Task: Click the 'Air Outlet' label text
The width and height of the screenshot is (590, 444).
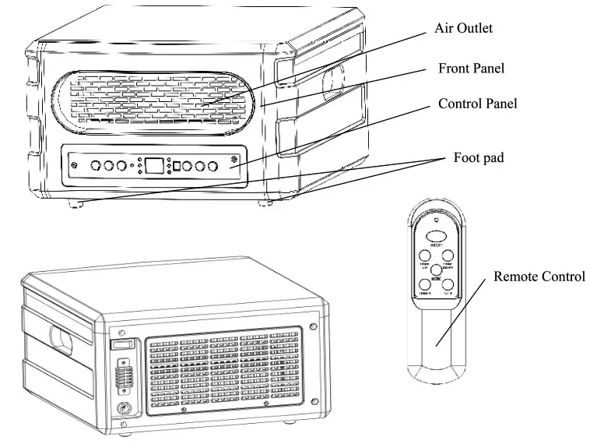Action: [464, 28]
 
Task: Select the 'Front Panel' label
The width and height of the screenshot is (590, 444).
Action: [471, 69]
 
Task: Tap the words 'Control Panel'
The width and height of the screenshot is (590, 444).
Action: [477, 103]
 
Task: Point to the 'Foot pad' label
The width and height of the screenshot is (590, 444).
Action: [479, 158]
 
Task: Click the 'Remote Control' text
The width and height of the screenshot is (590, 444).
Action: [539, 277]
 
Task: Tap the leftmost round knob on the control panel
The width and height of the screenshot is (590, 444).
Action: [96, 165]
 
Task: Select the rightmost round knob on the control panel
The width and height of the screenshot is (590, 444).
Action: [212, 165]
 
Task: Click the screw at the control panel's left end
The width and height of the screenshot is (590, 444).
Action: [74, 165]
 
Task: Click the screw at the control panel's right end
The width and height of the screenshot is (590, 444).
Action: [234, 164]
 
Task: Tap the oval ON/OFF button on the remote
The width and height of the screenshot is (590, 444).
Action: [437, 234]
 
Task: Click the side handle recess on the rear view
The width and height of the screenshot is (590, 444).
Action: [59, 337]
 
